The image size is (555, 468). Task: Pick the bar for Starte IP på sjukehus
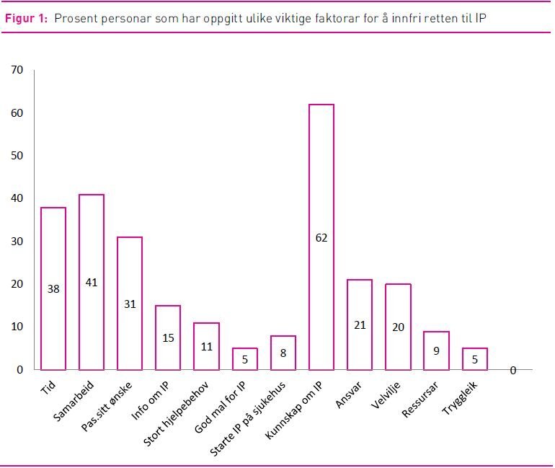click(283, 353)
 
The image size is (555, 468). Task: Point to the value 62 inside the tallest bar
click(321, 237)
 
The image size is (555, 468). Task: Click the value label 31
click(130, 304)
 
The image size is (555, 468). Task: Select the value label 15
click(168, 337)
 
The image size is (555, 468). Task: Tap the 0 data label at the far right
click(513, 370)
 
